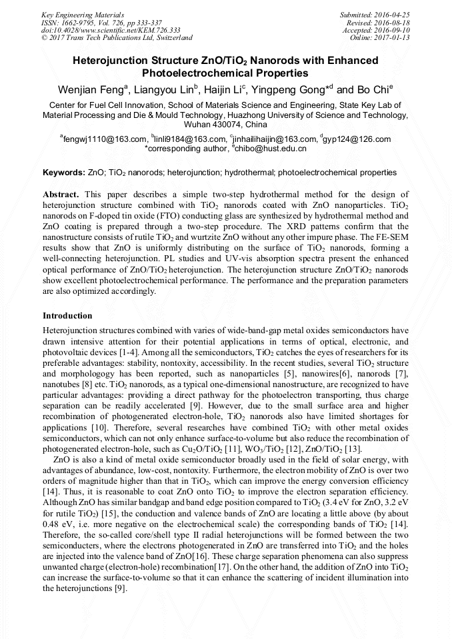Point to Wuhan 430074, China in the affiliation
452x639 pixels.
click(225, 125)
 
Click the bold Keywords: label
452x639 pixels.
click(63, 173)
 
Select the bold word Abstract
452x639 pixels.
click(61, 193)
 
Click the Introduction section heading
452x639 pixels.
click(67, 315)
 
